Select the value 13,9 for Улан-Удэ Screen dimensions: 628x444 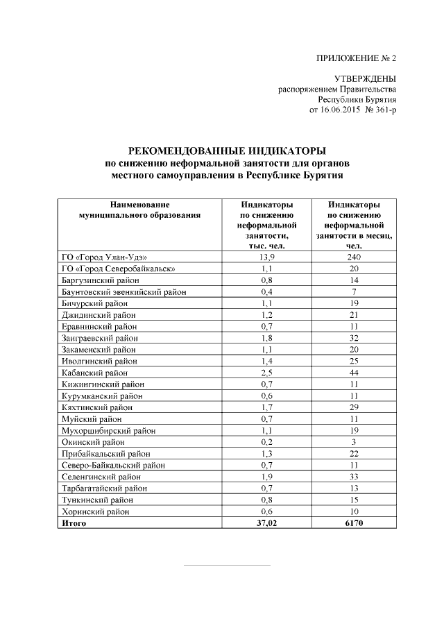click(266, 257)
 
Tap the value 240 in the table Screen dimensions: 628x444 click(354, 257)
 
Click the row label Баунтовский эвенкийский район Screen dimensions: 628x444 click(124, 291)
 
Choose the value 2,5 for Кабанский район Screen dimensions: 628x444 click(266, 373)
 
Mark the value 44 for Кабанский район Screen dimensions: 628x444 click(354, 373)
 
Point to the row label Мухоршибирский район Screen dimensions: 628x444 click(104, 430)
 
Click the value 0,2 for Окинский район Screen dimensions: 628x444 click(266, 442)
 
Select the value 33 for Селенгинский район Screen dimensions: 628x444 click(354, 477)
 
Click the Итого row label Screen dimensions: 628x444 click(74, 523)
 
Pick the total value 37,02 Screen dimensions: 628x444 click(266, 523)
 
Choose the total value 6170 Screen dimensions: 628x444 click(354, 523)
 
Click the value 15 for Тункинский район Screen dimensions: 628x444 click(354, 500)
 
